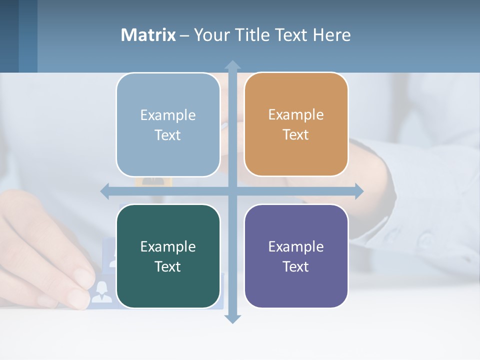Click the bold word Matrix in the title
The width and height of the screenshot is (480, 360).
[x=148, y=35]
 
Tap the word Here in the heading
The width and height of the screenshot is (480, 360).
[x=332, y=35]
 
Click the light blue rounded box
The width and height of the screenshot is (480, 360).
[x=168, y=125]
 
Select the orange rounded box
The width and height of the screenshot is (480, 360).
[x=296, y=124]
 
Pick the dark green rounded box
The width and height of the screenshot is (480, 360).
[x=168, y=256]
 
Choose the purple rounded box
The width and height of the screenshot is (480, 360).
[x=296, y=256]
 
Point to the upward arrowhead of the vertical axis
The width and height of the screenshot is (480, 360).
[x=232, y=65]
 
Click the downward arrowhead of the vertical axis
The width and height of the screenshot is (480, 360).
[x=232, y=318]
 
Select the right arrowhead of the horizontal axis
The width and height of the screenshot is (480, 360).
[x=359, y=191]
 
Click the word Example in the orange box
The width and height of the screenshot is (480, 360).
[x=296, y=114]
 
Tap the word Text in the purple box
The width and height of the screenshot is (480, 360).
[x=296, y=266]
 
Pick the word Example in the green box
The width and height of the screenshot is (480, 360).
[x=168, y=246]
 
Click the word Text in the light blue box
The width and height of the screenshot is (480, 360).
[x=168, y=135]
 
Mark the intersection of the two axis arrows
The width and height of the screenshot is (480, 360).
[x=232, y=191]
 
